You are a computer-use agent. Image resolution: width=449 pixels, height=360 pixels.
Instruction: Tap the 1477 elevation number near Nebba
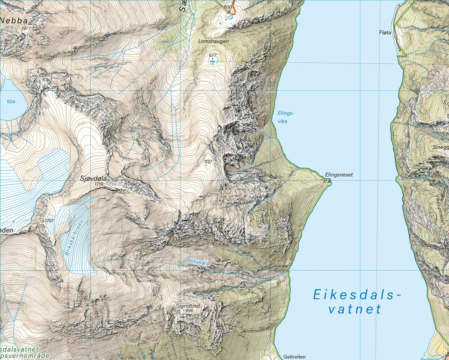pyautogui.click(x=26, y=28)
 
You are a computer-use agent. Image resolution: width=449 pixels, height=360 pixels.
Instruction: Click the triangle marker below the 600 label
pyautogui.click(x=229, y=12)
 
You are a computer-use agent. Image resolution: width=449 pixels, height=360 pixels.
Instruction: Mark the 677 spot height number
pyautogui.click(x=213, y=55)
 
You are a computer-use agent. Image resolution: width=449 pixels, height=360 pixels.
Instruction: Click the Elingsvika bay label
pyautogui.click(x=286, y=116)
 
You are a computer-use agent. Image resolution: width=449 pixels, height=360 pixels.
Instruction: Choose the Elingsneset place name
pyautogui.click(x=339, y=175)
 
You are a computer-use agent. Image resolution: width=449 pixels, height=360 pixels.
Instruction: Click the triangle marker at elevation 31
pyautogui.click(x=329, y=181)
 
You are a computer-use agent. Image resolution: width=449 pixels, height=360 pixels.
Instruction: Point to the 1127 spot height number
pyautogui.click(x=208, y=162)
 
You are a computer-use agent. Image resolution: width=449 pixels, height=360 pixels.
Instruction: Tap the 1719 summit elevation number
pyautogui.click(x=99, y=184)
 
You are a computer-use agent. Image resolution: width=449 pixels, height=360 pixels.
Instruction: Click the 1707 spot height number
pyautogui.click(x=49, y=221)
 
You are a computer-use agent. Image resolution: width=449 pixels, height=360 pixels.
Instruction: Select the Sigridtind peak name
pyautogui.click(x=188, y=306)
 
